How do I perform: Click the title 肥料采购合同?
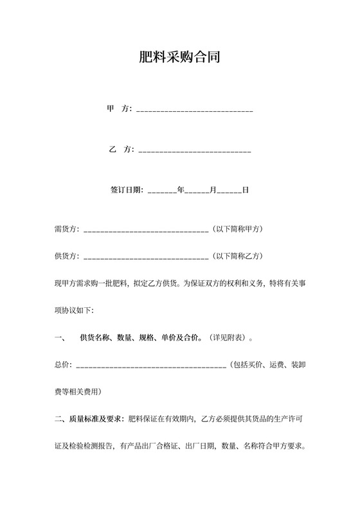click(180, 57)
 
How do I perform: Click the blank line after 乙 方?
click(195, 150)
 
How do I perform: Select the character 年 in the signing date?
click(181, 190)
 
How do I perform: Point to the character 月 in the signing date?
click(213, 190)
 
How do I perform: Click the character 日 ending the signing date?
click(246, 190)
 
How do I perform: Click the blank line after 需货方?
click(146, 229)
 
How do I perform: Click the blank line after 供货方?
click(146, 256)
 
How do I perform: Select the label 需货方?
click(67, 229)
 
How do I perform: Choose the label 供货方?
click(67, 256)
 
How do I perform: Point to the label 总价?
click(63, 365)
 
